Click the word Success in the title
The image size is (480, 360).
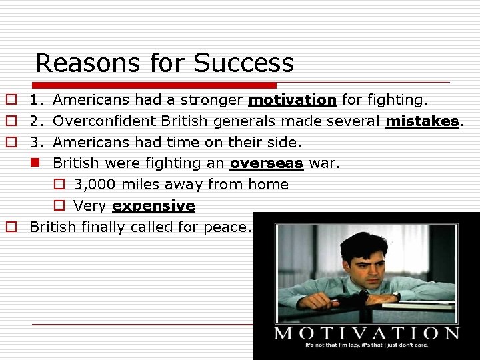point(243,63)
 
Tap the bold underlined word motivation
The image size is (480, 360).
point(292,100)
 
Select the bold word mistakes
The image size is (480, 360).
point(422,121)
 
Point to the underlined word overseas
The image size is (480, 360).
point(267,163)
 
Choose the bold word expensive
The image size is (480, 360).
point(154,206)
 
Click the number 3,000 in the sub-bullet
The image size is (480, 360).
point(95,185)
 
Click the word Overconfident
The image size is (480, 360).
point(103,121)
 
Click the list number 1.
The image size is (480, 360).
point(36,100)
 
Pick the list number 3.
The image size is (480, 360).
point(36,143)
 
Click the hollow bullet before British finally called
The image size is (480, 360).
point(11,227)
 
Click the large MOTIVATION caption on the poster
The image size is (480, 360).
point(367,333)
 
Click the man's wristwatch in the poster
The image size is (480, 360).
point(396,295)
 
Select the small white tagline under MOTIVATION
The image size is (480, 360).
point(367,346)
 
